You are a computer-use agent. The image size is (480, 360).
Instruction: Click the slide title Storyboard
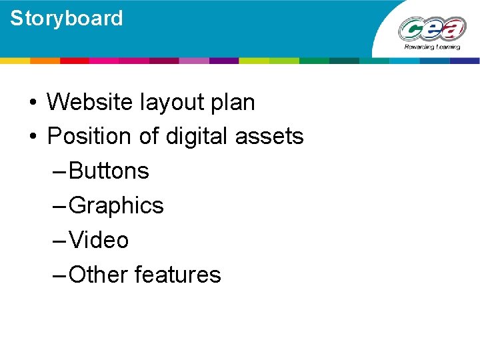[67, 18]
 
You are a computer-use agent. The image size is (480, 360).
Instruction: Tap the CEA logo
[431, 29]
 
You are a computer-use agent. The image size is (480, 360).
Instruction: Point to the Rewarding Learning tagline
[432, 48]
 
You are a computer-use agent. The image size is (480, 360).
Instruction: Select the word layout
[173, 103]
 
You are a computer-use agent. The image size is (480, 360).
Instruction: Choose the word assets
[270, 137]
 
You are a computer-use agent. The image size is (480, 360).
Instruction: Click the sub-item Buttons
[109, 171]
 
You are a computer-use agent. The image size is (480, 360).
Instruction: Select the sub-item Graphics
[116, 206]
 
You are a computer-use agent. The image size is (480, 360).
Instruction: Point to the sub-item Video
[99, 240]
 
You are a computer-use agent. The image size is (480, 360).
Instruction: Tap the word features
[178, 275]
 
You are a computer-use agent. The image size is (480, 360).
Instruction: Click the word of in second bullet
[149, 137]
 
